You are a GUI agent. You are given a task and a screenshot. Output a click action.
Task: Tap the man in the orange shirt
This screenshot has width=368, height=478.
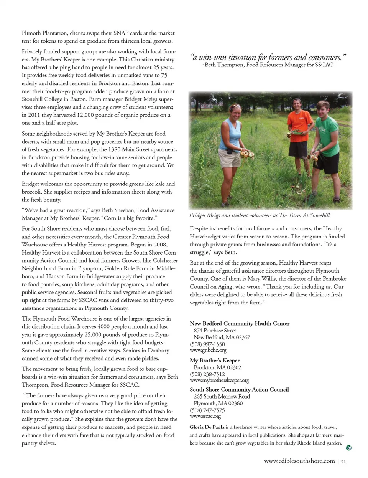pos(298,131)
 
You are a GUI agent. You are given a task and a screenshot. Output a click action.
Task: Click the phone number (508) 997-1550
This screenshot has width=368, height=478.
pos(207,344)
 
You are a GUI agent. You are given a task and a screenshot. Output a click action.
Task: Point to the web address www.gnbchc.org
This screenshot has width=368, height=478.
pos(208,350)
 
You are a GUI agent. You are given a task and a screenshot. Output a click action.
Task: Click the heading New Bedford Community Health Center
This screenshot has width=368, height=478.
pos(240,323)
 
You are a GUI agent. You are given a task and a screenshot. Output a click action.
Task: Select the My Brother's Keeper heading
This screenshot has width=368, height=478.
pos(214,360)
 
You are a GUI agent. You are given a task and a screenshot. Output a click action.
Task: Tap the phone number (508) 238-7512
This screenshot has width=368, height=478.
pos(207,374)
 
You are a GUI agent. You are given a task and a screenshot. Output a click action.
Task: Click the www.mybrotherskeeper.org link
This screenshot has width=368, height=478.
pos(219,380)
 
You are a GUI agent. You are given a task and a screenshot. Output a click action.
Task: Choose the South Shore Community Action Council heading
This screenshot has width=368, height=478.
pos(239,389)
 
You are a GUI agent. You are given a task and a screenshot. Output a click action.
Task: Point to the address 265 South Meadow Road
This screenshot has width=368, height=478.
pos(222,396)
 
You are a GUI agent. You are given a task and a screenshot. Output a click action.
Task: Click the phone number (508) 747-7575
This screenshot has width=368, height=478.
pos(207,410)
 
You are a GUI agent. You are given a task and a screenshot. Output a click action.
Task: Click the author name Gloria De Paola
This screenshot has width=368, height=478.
pos(207,427)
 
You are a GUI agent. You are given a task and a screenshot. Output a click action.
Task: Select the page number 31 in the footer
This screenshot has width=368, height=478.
pos(343,461)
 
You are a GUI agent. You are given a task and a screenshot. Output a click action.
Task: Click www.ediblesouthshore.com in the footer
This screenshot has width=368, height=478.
pos(299,461)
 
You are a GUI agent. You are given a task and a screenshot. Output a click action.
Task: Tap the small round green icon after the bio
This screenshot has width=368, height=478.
pos(348,448)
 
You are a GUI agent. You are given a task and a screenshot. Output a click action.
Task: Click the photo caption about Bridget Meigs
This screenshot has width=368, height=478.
pos(260,215)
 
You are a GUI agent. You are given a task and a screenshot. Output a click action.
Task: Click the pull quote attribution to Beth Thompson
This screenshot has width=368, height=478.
pos(269,65)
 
